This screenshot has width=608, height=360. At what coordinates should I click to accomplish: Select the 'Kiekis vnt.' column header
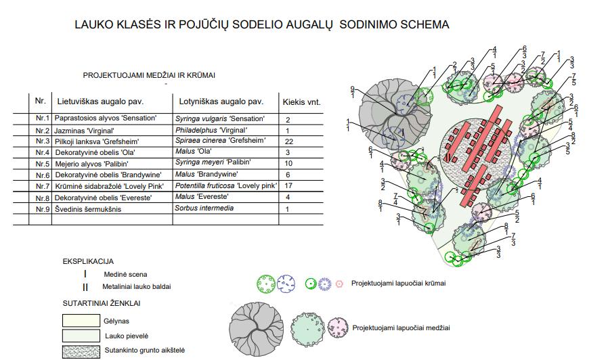pos(301,103)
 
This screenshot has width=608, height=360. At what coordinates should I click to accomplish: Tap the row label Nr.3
pos(43,141)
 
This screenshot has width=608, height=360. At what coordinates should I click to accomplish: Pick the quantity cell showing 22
pos(288,141)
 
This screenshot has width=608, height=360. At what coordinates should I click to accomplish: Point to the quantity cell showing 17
pos(288,186)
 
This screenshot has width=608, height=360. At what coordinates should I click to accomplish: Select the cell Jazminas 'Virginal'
pos(85,130)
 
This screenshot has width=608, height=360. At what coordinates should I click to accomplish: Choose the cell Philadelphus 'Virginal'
pos(211,130)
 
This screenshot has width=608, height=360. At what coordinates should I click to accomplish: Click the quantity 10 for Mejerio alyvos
pos(288,163)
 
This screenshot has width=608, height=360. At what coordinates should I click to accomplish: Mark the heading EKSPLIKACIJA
pos(88,261)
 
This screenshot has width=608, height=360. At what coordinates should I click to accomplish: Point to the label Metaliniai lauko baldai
pos(137,286)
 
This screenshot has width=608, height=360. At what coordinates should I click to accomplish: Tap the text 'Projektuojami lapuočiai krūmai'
pos(398,284)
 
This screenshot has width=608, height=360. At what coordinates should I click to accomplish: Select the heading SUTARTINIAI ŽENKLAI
pos(102,303)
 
